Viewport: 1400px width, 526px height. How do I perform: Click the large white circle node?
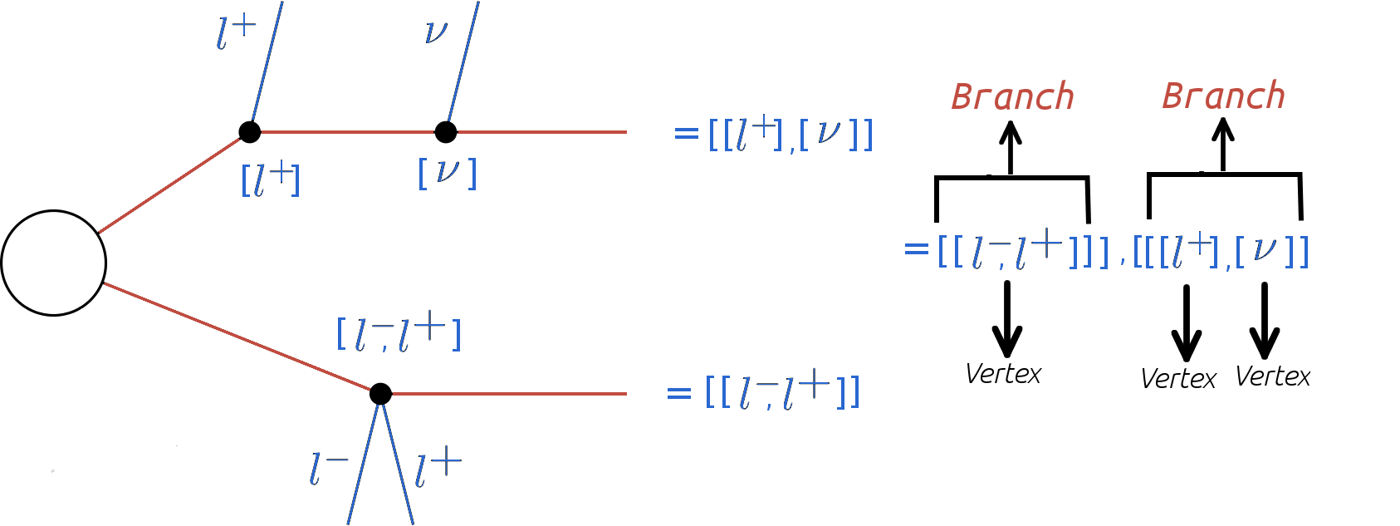pyautogui.click(x=54, y=263)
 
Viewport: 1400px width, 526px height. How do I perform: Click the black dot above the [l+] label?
pyautogui.click(x=249, y=132)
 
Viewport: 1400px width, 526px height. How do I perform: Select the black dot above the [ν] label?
pyautogui.click(x=446, y=132)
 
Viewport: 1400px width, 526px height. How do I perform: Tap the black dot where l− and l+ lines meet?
pyautogui.click(x=380, y=393)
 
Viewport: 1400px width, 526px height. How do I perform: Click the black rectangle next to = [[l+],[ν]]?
pyautogui.click(x=647, y=150)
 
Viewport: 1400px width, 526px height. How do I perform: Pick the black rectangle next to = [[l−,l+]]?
pyautogui.click(x=642, y=391)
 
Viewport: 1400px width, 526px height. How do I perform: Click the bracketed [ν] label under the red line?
pyautogui.click(x=448, y=173)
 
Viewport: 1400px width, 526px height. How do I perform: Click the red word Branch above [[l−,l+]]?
pyautogui.click(x=1012, y=97)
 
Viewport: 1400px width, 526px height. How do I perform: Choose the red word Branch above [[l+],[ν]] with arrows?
pyautogui.click(x=1223, y=96)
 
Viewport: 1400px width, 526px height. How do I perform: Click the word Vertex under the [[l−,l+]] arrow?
pyautogui.click(x=1003, y=374)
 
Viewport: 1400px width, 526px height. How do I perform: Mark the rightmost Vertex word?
pyautogui.click(x=1272, y=376)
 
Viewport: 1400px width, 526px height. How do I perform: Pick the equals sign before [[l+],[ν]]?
pyautogui.click(x=686, y=133)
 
